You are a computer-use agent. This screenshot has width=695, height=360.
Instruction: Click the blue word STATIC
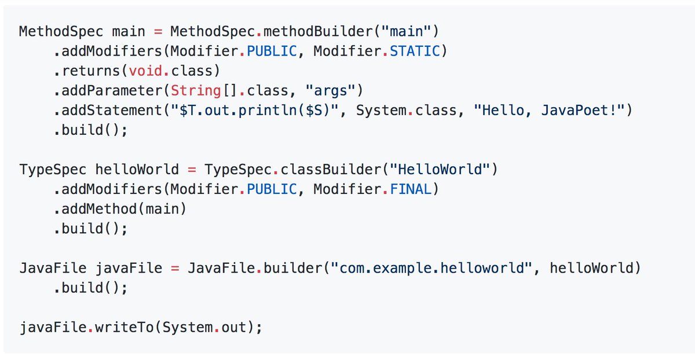(x=415, y=51)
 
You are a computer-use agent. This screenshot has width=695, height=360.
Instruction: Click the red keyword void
(x=146, y=71)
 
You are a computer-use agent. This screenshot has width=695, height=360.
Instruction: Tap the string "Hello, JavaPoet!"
(x=553, y=110)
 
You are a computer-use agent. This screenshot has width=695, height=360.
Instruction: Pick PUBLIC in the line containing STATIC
(x=272, y=51)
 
